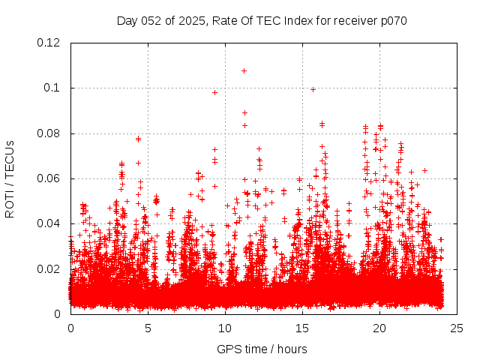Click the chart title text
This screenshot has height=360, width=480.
262,21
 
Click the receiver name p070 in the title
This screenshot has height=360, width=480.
393,21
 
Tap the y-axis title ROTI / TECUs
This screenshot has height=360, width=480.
10,178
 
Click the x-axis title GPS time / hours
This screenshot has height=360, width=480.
262,349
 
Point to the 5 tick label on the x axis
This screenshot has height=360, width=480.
148,328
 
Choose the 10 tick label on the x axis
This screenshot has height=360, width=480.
225,328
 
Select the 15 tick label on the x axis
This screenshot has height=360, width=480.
302,328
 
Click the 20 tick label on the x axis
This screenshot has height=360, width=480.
379,328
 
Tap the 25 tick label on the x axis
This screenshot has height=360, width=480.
457,328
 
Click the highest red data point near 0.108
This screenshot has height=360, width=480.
244,70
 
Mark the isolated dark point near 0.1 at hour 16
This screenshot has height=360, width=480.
313,89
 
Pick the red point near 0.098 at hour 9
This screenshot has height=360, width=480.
214,92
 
